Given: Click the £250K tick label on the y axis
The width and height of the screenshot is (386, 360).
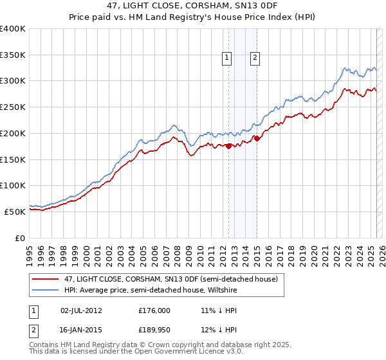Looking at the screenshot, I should (13, 107).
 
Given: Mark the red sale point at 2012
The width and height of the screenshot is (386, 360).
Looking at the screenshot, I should (228, 147).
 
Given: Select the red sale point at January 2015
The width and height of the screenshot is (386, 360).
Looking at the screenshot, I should (257, 138).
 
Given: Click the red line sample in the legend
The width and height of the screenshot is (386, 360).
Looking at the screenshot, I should (46, 279).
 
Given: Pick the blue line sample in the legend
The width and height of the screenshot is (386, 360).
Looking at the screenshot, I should (46, 291).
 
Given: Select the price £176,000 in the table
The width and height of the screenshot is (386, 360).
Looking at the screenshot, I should (154, 310).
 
